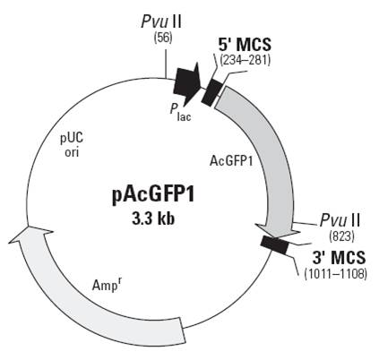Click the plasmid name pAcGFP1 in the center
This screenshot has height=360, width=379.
(x=153, y=196)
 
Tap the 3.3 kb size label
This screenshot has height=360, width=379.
(x=153, y=219)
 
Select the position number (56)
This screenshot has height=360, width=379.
(x=163, y=38)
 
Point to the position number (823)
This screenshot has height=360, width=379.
(x=341, y=236)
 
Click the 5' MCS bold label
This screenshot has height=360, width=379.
(x=245, y=45)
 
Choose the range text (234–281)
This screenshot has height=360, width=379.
(x=245, y=60)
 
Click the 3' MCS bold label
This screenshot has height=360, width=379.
(x=339, y=257)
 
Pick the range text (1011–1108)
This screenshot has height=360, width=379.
(x=335, y=273)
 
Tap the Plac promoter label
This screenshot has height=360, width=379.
(x=180, y=112)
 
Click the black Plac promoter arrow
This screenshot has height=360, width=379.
(x=187, y=83)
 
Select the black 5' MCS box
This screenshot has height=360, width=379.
(x=212, y=91)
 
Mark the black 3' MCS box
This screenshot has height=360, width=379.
(x=274, y=245)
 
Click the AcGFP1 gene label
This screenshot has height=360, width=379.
(x=231, y=161)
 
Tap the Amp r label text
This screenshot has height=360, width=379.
(x=108, y=285)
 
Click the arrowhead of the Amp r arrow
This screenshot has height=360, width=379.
(x=30, y=235)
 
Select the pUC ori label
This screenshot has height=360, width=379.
(x=72, y=145)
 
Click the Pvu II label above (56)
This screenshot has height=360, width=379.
(x=161, y=21)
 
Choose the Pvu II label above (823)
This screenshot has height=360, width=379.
(x=340, y=221)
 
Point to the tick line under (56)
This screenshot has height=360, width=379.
(x=166, y=63)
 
